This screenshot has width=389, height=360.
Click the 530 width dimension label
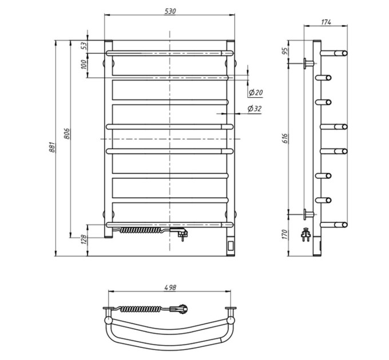(x=170, y=11)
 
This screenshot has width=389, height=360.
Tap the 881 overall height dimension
(x=51, y=147)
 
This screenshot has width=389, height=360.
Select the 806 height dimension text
(x=67, y=134)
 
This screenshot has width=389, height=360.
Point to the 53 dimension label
(x=84, y=46)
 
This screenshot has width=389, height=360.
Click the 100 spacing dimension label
(x=84, y=65)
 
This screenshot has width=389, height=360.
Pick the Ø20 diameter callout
(x=256, y=93)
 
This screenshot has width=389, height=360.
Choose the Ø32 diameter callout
(x=255, y=109)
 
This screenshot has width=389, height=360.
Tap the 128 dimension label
(x=84, y=240)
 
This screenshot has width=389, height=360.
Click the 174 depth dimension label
(x=326, y=22)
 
